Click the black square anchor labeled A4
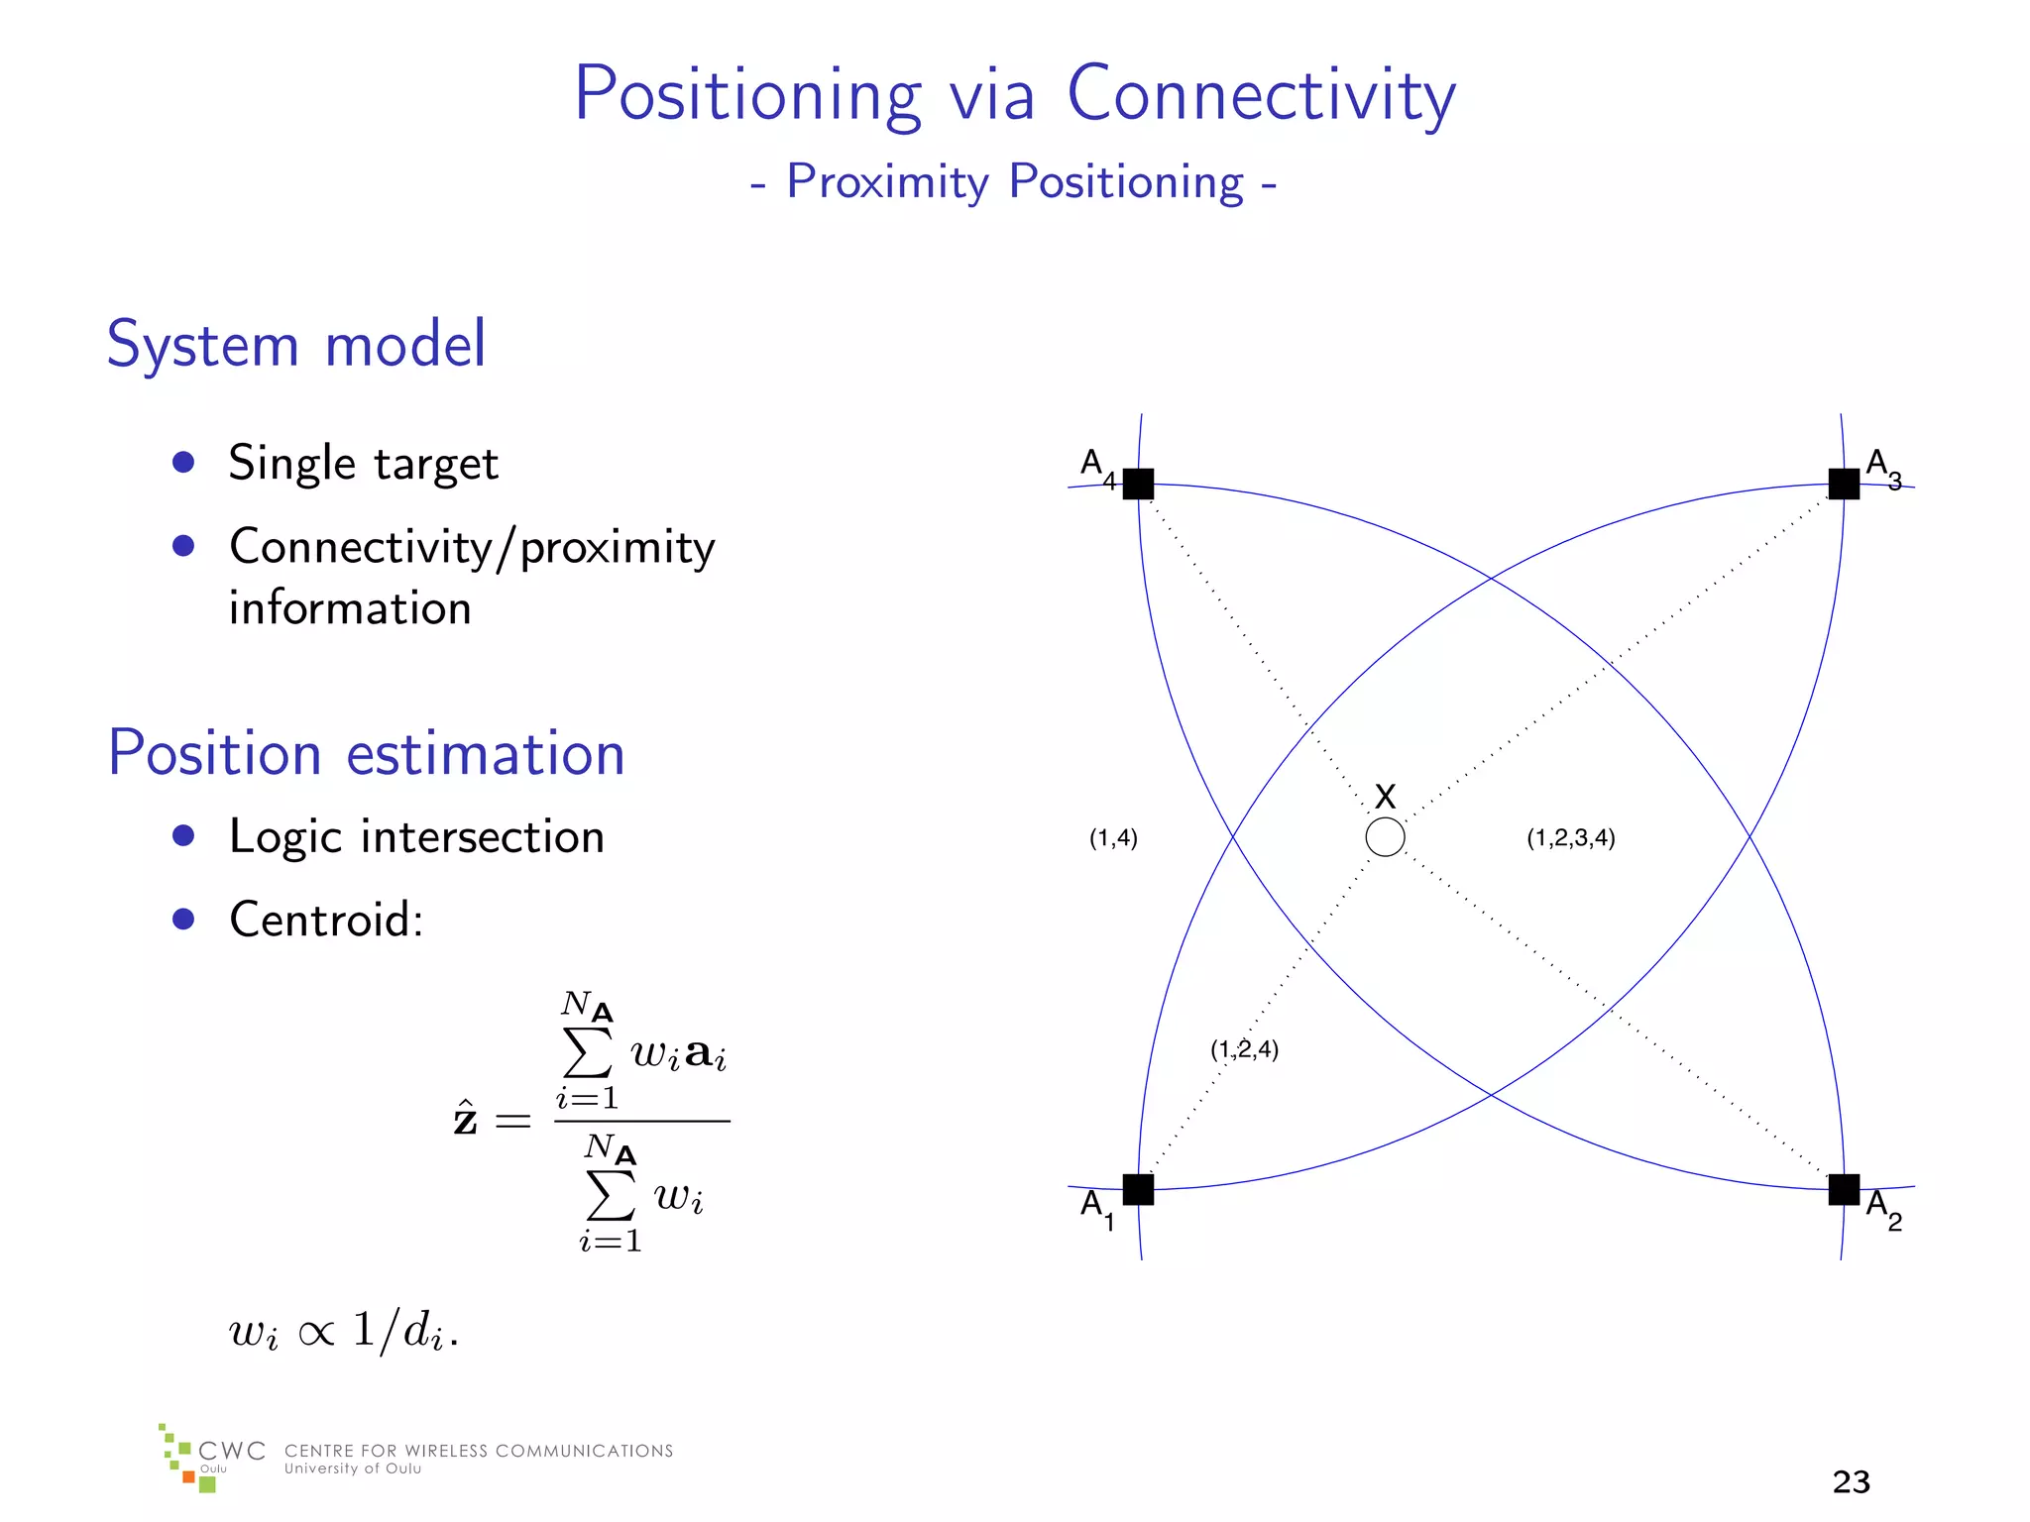point(1138,484)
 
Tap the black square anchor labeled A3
point(1844,484)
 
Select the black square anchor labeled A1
point(1138,1189)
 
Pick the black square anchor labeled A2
point(1844,1189)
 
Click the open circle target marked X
point(1385,837)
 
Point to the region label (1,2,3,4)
point(1570,838)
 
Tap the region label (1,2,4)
point(1244,1049)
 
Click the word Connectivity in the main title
point(1261,96)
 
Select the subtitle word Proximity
point(887,182)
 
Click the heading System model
point(296,345)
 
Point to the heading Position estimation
point(366,753)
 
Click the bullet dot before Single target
point(183,462)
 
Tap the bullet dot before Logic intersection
point(183,835)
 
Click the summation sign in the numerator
point(587,1052)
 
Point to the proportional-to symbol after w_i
point(316,1333)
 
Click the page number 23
point(1851,1481)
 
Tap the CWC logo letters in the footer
point(232,1451)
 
